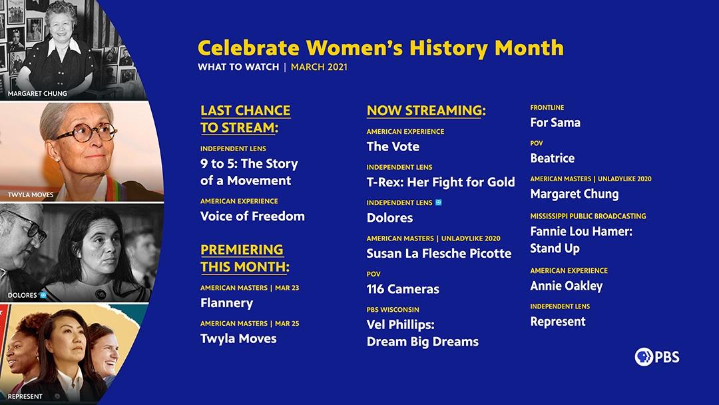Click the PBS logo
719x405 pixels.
tap(657, 357)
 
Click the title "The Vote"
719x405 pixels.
tap(393, 147)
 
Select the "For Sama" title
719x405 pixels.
tap(555, 123)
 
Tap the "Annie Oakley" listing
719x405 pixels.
tap(567, 286)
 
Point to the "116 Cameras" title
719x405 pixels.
tap(403, 289)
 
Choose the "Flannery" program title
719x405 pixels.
tap(226, 303)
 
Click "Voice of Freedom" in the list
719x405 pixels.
tap(252, 216)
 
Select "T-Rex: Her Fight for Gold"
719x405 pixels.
tap(441, 182)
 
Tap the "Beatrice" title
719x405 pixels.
tap(552, 159)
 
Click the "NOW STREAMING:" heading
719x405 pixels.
tap(426, 111)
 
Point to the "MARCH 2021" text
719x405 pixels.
tap(319, 67)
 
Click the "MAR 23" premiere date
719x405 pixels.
tap(287, 288)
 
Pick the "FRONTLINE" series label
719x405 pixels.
tap(547, 107)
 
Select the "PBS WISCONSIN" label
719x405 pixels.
tap(393, 310)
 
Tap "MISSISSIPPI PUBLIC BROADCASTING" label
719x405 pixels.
tap(588, 216)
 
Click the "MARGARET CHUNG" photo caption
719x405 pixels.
tap(37, 93)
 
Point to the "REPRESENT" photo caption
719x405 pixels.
tap(25, 396)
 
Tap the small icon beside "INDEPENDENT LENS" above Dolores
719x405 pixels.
tap(438, 202)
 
